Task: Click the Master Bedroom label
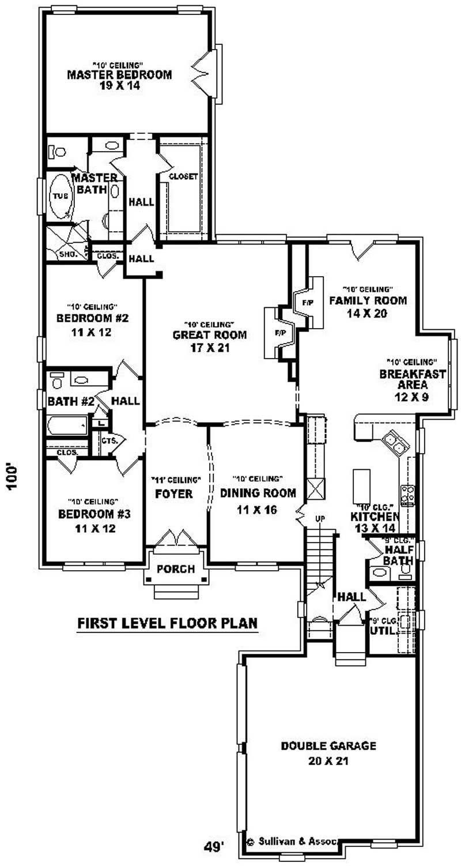[119, 75]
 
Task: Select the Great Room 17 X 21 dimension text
[210, 348]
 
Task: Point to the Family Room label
[368, 300]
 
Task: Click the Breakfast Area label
[412, 379]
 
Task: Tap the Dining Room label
[258, 493]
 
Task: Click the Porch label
[176, 569]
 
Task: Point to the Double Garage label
[328, 746]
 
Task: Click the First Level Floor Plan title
[167, 623]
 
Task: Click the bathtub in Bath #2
[67, 426]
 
